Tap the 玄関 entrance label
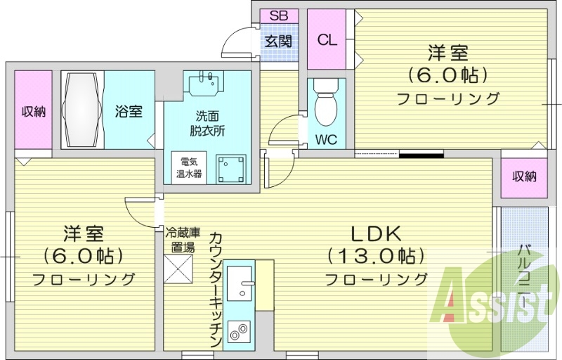pyautogui.click(x=279, y=40)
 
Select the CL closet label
pyautogui.click(x=327, y=40)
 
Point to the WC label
pyautogui.click(x=326, y=139)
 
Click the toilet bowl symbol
pyautogui.click(x=326, y=105)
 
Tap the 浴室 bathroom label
pyautogui.click(x=129, y=111)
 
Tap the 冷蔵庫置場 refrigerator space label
pyautogui.click(x=183, y=239)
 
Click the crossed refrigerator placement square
pyautogui.click(x=178, y=268)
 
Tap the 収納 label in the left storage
pyautogui.click(x=33, y=111)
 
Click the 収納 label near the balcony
pyautogui.click(x=524, y=176)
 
